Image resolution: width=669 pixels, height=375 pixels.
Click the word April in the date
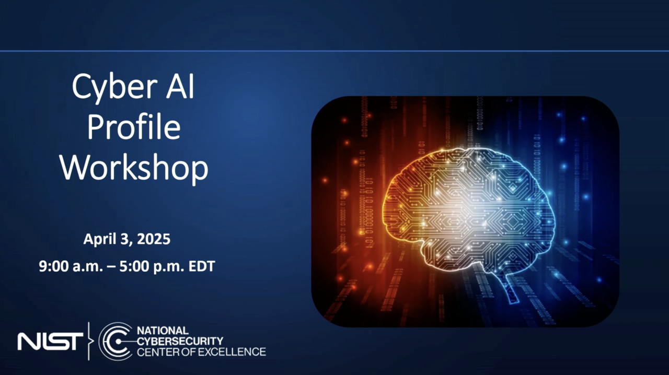click(x=99, y=240)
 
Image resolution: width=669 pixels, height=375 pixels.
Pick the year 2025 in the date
click(x=154, y=239)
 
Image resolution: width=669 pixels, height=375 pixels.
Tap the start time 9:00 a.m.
click(x=71, y=266)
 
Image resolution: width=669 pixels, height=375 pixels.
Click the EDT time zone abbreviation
click(x=202, y=266)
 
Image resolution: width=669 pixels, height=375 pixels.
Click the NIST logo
click(x=50, y=341)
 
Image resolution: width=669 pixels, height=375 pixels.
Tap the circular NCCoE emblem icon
click(x=116, y=341)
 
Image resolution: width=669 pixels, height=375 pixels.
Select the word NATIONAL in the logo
click(x=163, y=331)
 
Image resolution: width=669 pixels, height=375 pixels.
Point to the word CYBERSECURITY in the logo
click(x=180, y=341)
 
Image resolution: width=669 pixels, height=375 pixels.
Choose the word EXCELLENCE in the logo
click(x=232, y=351)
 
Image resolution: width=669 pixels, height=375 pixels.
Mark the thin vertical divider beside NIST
click(x=89, y=341)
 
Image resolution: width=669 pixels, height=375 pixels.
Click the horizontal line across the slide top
click(x=334, y=51)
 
